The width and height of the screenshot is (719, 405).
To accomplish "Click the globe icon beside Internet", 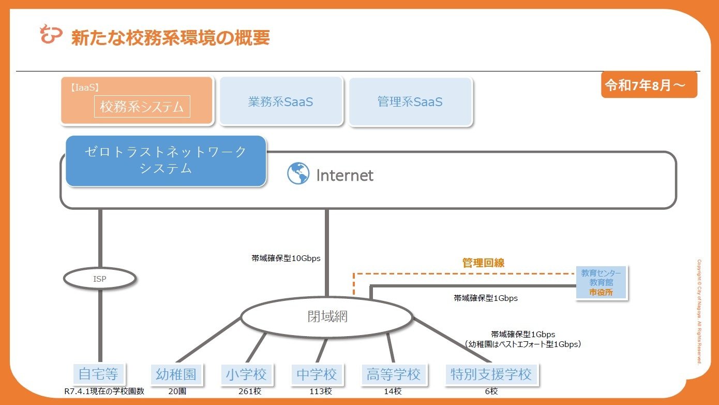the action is point(298,173).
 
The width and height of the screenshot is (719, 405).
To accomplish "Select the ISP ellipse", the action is point(100,278).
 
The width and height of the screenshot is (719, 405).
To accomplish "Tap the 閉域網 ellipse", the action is point(327,316).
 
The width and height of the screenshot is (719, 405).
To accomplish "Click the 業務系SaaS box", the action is point(281,102).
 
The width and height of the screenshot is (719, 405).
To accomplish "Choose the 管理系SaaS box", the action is point(410,102).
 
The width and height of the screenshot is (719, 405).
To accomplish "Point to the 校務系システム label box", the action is point(142,106).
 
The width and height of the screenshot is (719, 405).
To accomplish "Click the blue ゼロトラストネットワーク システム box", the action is point(166,161).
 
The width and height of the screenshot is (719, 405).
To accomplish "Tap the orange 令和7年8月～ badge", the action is point(649,85).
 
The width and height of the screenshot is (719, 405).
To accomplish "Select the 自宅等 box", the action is point(99,374).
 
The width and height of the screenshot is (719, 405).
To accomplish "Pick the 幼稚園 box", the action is point(176,374).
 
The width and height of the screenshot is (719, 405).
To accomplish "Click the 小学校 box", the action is point(247,374).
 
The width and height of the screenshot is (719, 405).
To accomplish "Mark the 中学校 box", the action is point(317,374).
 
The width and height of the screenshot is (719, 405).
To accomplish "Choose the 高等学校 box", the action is point(394,374).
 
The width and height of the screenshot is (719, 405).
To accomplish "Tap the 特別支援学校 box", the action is point(491,374).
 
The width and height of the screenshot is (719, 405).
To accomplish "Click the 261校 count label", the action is point(250,391).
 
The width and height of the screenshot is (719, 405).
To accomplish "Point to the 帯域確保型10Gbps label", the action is point(286,258).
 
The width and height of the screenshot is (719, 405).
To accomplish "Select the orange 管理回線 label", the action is point(483,263).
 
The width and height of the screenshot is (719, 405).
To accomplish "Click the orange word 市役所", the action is point(601,292).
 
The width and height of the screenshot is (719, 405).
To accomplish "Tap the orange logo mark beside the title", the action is point(51,34).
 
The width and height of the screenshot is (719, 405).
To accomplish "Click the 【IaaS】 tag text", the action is point(85,88).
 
